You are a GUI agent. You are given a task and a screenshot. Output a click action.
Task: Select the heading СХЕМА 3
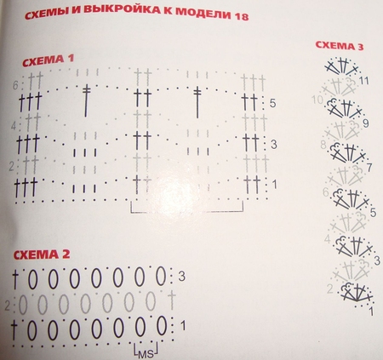click(339, 46)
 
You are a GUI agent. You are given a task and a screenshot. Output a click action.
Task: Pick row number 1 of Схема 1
click(273, 183)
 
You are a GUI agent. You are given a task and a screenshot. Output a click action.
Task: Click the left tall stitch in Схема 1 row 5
click(87, 100)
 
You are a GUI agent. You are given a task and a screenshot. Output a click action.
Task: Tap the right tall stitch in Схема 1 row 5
click(197, 100)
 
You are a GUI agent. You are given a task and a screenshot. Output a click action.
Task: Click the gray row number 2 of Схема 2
click(8, 303)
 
